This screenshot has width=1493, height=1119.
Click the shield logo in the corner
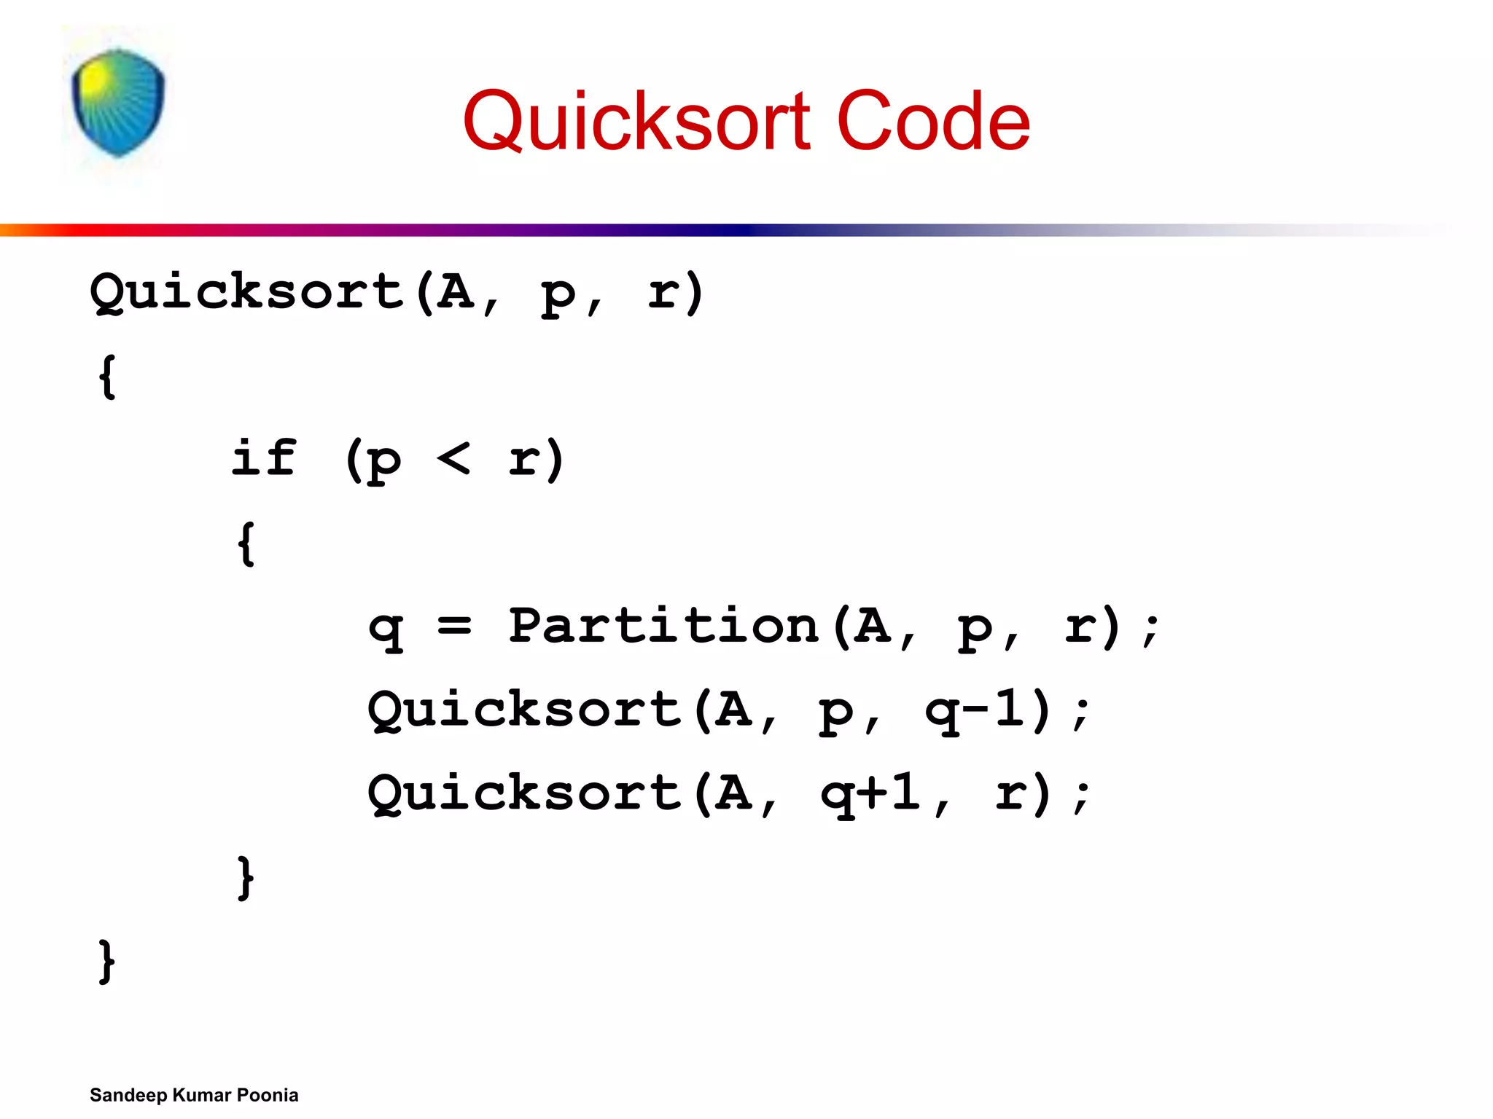(x=118, y=102)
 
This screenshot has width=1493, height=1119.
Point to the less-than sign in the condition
(x=453, y=459)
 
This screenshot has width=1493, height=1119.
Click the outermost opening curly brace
(x=108, y=376)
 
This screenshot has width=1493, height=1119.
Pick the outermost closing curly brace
(x=108, y=962)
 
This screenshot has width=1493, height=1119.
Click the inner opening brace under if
(x=246, y=543)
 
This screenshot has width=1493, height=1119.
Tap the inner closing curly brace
(x=246, y=877)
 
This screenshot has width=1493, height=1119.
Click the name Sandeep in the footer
(x=128, y=1095)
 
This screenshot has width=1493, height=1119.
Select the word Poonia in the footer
(x=268, y=1095)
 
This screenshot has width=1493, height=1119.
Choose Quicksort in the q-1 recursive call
(x=524, y=710)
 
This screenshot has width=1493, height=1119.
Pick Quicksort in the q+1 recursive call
(x=524, y=793)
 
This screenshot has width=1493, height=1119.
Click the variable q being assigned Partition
(x=386, y=628)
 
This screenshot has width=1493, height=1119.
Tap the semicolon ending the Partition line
(x=1151, y=628)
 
